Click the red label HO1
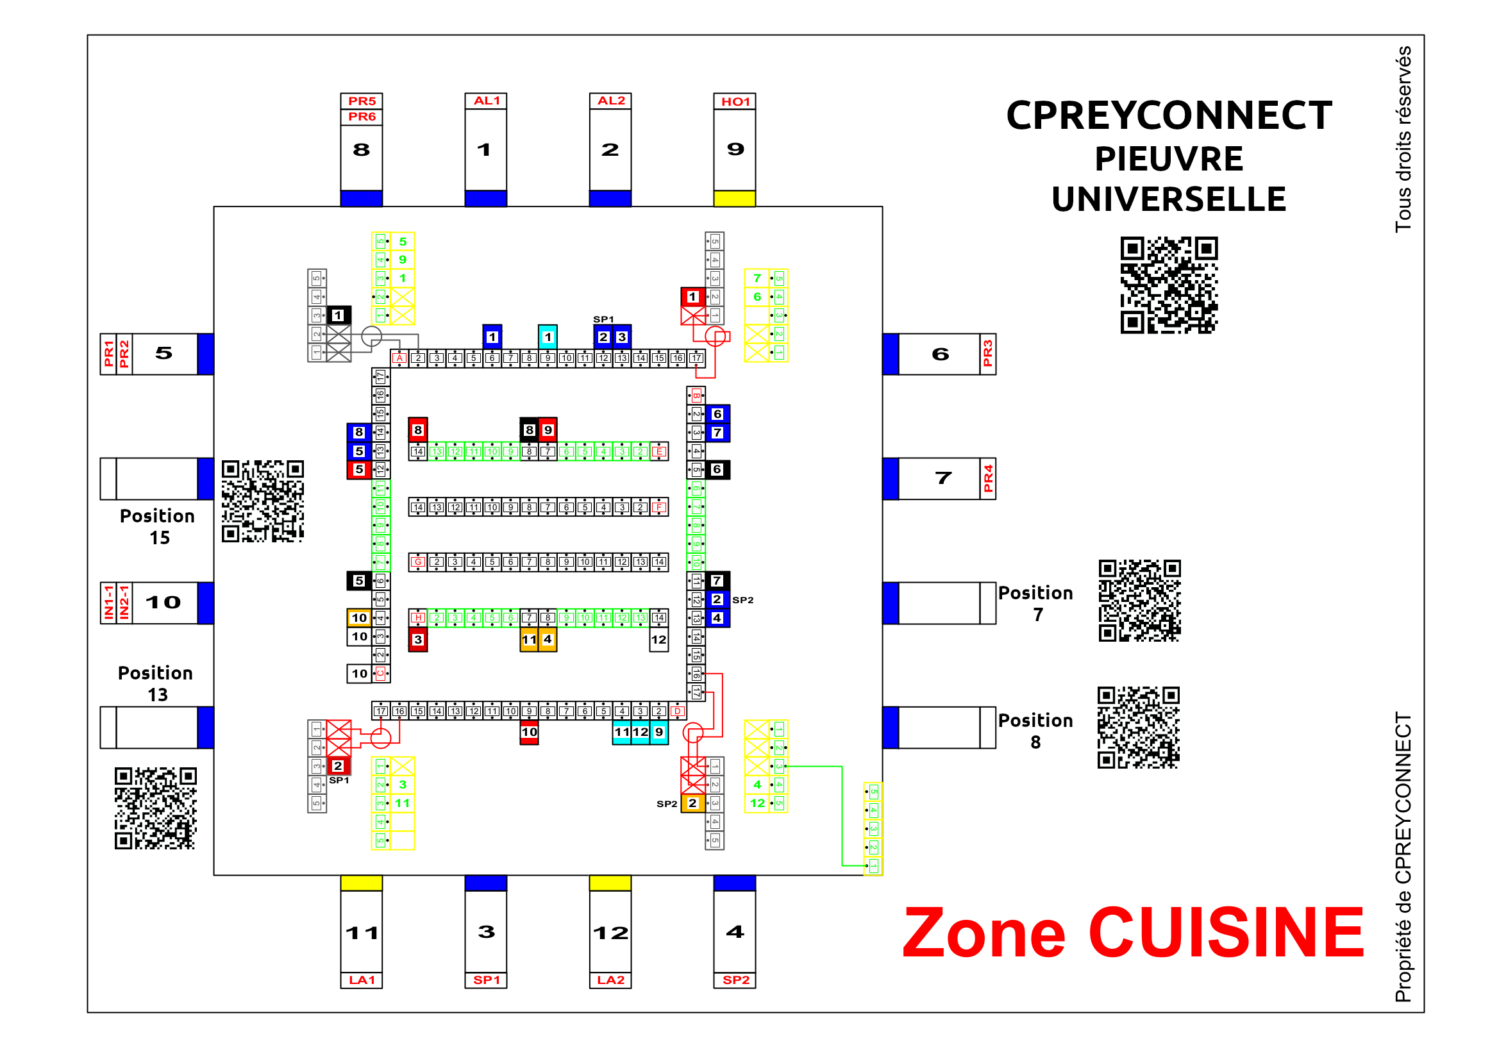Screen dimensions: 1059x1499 tap(735, 101)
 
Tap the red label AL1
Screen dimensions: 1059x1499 tap(486, 101)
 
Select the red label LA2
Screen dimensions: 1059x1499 tap(610, 980)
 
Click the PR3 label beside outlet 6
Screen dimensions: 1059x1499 tap(987, 354)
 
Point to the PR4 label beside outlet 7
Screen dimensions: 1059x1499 tap(987, 479)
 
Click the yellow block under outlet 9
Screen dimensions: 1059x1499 tap(735, 199)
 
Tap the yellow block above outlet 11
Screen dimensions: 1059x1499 tap(361, 883)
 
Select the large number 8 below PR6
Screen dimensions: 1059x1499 tap(361, 150)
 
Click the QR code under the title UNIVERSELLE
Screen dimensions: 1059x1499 tap(1169, 285)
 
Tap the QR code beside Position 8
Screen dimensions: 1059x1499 tap(1138, 727)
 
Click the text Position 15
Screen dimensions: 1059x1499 tap(157, 526)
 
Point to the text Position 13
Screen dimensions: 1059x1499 tap(155, 683)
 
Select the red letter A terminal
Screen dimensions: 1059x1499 tap(399, 358)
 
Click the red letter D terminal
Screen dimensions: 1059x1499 tap(678, 711)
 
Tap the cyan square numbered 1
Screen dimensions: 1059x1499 tap(547, 337)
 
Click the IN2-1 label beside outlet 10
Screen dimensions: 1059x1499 tap(124, 603)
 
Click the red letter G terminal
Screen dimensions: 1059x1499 tap(418, 562)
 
